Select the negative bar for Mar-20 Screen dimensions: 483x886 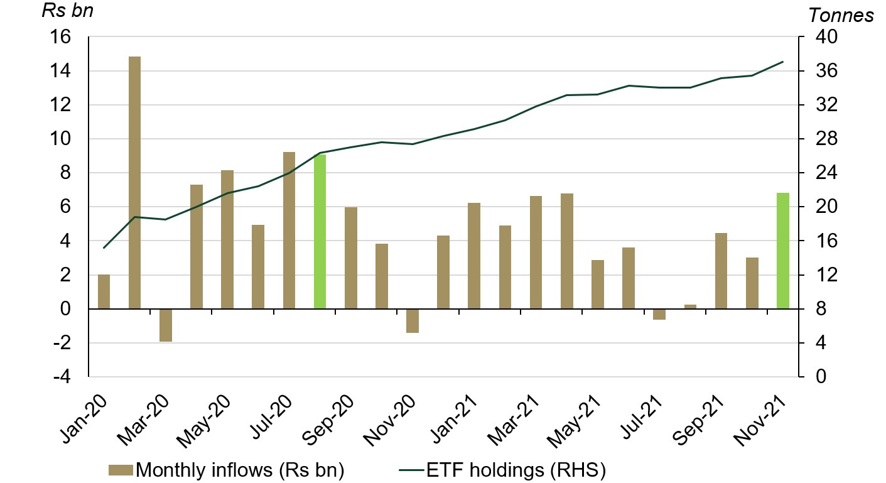coord(166,325)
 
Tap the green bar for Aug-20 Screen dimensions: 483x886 coord(320,231)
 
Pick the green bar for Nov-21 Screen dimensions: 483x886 coord(783,251)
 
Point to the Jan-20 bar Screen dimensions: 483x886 coord(104,291)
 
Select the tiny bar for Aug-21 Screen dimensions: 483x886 coord(690,307)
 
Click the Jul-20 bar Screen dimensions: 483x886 coord(289,230)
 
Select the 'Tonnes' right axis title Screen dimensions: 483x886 coord(841,14)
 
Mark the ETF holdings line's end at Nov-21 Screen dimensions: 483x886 coord(783,62)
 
